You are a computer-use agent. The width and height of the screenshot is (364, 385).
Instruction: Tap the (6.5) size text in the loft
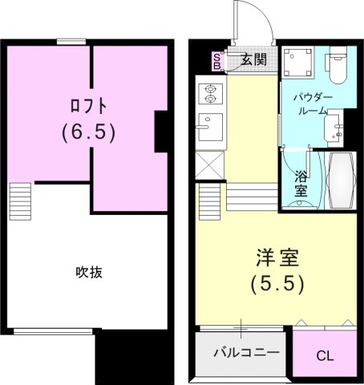click(x=88, y=132)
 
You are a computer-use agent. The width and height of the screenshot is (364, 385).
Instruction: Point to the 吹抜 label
click(x=88, y=272)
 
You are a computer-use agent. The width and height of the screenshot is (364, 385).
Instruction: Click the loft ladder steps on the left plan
click(x=20, y=201)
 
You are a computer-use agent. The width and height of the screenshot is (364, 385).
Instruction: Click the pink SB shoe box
click(x=216, y=61)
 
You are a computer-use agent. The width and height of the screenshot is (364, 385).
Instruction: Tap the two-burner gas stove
click(x=212, y=94)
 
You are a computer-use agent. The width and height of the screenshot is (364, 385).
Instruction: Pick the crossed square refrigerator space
click(x=209, y=164)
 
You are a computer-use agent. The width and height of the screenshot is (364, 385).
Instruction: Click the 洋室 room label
click(x=277, y=257)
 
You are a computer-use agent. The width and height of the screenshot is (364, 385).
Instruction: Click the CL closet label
click(x=325, y=355)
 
